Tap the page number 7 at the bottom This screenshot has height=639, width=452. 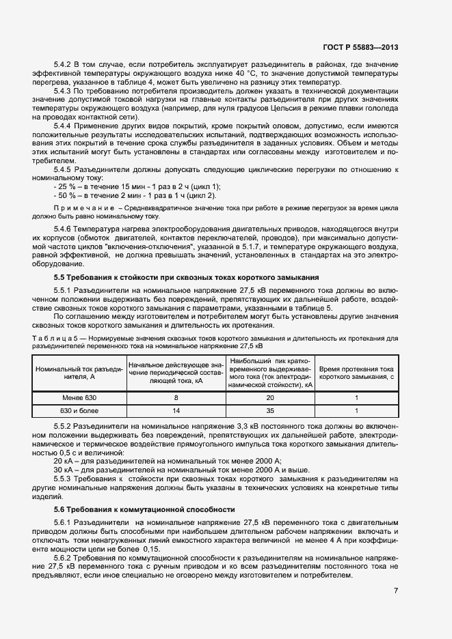coord(395,590)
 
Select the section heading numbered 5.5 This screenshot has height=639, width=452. coord(186,277)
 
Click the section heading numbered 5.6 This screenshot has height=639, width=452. coord(144,509)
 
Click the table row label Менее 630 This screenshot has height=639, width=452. coord(79,397)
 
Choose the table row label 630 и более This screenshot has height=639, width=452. coord(79,411)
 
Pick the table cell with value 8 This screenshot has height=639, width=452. coord(176,397)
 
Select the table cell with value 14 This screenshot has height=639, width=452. coord(176,411)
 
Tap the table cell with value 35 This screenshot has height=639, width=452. coord(270,411)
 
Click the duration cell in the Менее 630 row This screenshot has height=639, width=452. coord(357,397)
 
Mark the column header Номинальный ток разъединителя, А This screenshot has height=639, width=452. coord(79,372)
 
